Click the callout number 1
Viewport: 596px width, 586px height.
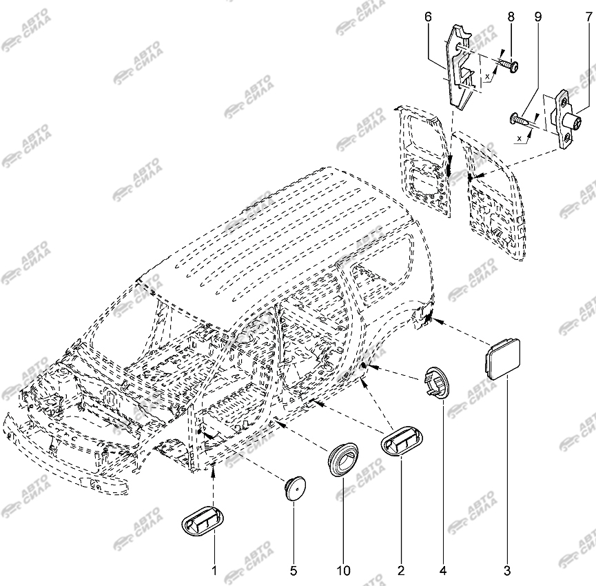click(214, 571)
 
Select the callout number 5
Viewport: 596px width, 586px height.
click(293, 571)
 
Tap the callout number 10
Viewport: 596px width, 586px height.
click(343, 571)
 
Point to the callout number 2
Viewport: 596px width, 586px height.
click(400, 571)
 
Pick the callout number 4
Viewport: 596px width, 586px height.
click(443, 571)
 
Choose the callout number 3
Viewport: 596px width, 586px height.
click(508, 571)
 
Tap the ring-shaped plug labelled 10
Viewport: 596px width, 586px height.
click(343, 458)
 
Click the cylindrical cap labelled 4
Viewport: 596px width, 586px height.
click(437, 381)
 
